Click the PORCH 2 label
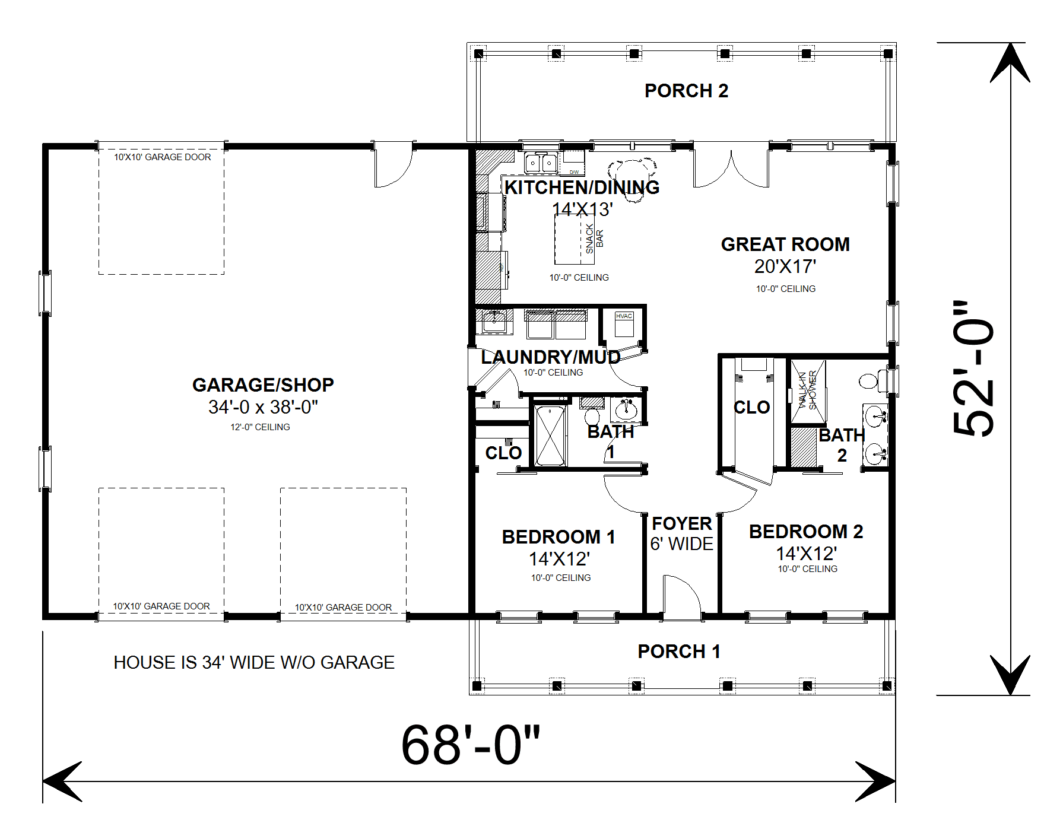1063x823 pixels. coord(686,91)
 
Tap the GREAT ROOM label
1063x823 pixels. coord(785,244)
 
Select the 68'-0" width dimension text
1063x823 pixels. coord(471,745)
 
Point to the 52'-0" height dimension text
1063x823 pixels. coord(973,368)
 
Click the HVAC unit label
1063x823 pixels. coord(624,316)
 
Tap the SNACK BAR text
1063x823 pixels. coord(594,239)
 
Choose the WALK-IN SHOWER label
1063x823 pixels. coord(807,390)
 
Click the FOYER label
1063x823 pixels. coord(682,523)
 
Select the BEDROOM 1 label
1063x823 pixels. coord(559,537)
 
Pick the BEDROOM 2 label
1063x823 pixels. coord(806,532)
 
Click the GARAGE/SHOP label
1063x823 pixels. coord(263,385)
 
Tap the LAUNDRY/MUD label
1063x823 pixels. coord(551,357)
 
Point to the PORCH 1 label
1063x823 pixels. coord(679,652)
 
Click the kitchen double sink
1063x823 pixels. coord(541,162)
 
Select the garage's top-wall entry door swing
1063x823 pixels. coord(393,164)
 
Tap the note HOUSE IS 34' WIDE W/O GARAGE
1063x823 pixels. coord(254,662)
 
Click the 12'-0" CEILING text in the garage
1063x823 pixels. coord(260,427)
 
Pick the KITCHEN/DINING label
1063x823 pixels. coord(582,188)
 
